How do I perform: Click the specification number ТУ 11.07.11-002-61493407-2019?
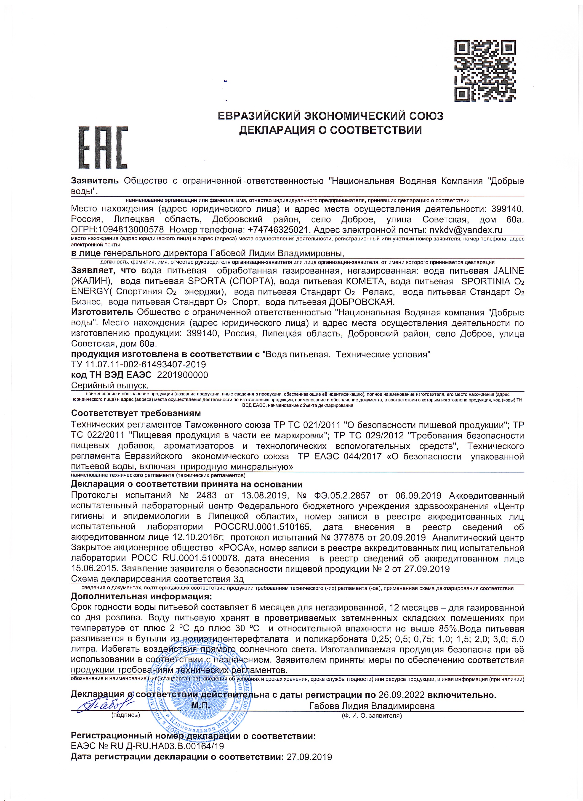(x=138, y=364)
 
